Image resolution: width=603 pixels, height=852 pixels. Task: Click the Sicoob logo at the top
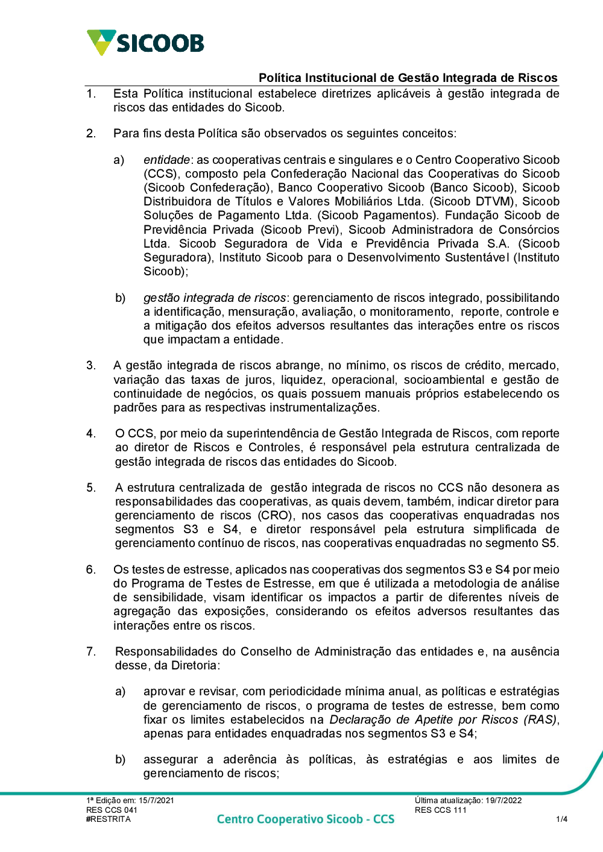point(145,43)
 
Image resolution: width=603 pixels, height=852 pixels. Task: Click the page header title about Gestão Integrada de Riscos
point(408,78)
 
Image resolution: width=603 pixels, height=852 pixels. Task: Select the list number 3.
point(90,365)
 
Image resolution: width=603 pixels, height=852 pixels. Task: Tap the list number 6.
point(90,569)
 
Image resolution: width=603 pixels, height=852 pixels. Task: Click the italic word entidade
point(166,160)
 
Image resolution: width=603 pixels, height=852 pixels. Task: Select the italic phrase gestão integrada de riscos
point(214,298)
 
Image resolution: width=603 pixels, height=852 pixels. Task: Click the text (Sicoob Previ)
point(301,230)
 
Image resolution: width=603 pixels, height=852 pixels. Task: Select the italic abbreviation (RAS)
point(540,719)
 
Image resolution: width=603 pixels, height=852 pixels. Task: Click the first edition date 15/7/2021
point(156,800)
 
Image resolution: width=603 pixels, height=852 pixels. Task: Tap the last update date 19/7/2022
point(504,800)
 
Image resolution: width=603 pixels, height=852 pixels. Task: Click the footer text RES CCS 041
point(112,810)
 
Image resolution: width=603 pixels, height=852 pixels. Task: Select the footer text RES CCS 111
point(440,810)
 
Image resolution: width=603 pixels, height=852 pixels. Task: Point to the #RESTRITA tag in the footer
point(109,819)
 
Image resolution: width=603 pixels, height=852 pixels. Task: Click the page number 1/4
point(561,819)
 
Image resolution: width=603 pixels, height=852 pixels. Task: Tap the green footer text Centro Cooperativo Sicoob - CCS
point(305,819)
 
